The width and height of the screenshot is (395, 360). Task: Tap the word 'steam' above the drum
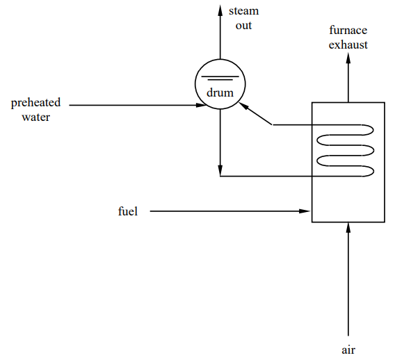point(243,11)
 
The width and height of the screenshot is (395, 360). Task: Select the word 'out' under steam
point(243,25)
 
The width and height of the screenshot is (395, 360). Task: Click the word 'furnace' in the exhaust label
point(349,31)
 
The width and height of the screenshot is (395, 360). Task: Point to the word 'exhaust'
point(349,44)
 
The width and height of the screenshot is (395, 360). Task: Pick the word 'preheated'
point(35,103)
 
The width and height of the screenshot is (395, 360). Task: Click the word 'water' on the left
point(35,117)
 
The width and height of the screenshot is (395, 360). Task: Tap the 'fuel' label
point(128,211)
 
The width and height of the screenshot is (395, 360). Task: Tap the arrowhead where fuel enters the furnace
point(306,211)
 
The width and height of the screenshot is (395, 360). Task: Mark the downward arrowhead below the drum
point(220,170)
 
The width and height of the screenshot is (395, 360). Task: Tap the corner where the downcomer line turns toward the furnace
point(220,176)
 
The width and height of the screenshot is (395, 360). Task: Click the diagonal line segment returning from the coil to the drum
point(259,116)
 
